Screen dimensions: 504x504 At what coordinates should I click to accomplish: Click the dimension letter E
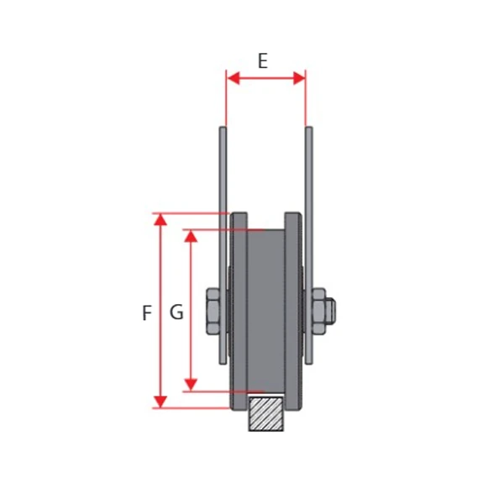click(263, 61)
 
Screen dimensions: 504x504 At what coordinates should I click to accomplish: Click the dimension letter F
click(147, 312)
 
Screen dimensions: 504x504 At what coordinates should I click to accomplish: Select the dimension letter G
click(176, 312)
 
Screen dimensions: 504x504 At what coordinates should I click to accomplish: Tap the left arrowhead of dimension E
click(233, 78)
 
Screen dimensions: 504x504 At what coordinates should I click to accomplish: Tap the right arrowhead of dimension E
click(299, 78)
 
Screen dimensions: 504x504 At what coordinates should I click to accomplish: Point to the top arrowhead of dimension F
click(160, 220)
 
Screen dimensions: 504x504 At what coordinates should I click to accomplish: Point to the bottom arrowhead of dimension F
click(160, 402)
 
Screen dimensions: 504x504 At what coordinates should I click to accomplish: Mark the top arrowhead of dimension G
click(191, 236)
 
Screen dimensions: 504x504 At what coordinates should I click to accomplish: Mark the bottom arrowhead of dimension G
click(191, 385)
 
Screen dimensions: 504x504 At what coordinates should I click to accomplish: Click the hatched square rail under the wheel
click(266, 413)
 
